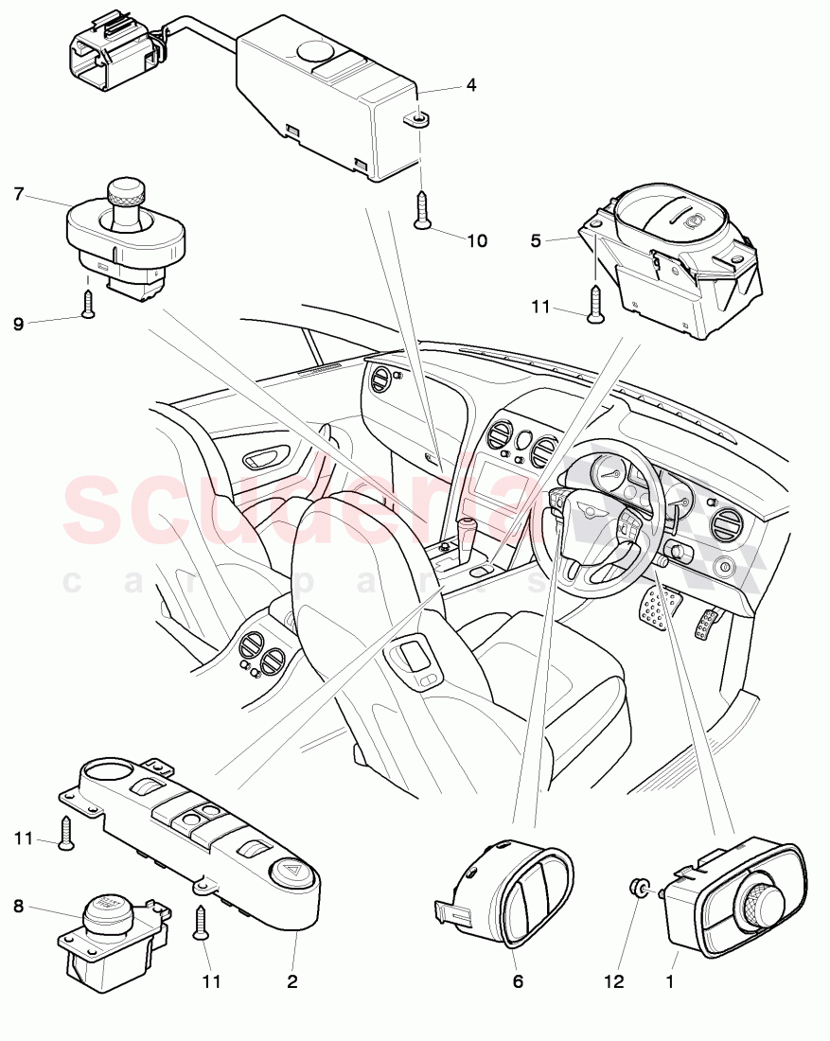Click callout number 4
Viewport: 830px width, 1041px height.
coord(470,84)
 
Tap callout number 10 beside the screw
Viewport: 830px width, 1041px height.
coord(476,241)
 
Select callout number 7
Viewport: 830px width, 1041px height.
coord(19,194)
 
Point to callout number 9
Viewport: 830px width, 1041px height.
coord(19,323)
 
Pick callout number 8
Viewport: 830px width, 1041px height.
coord(19,907)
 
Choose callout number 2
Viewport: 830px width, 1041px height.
coord(292,982)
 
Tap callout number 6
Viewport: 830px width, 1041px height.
coord(518,982)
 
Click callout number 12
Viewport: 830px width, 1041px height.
coord(614,982)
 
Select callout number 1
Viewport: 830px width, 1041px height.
coord(670,982)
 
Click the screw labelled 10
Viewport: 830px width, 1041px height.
coord(422,209)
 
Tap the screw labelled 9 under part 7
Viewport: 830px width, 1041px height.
coord(88,304)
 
